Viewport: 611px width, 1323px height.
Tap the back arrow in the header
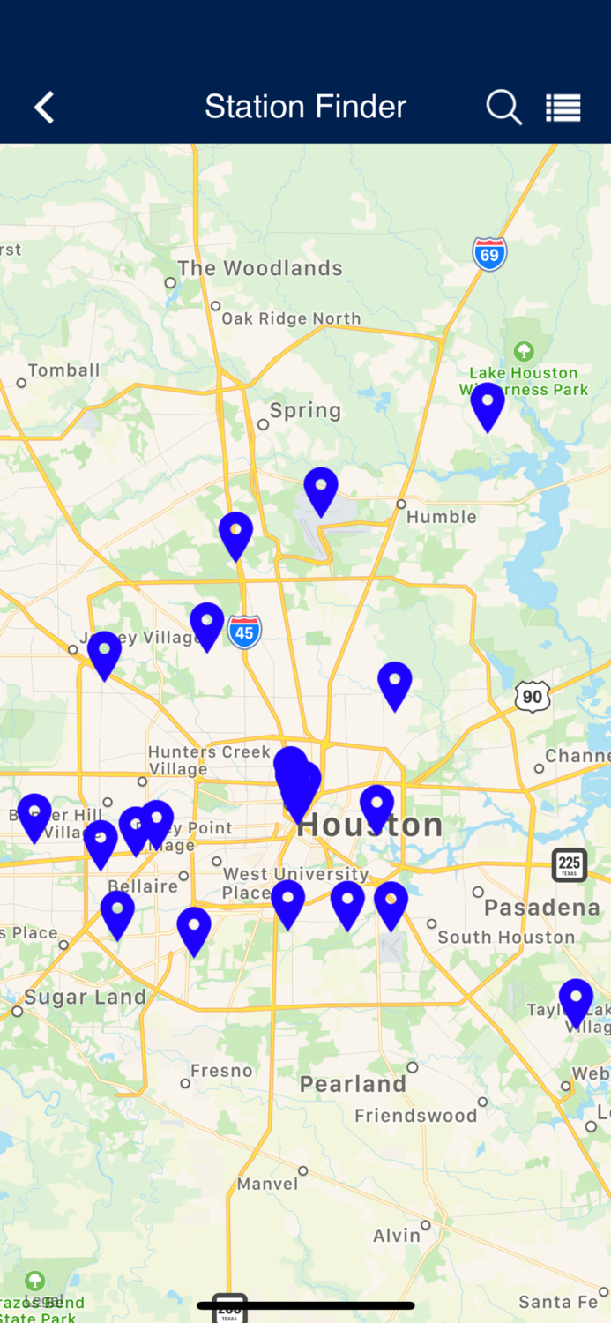[44, 108]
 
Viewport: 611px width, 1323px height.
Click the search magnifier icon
[504, 108]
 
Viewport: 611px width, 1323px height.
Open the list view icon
[563, 108]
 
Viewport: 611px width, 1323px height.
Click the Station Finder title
[305, 108]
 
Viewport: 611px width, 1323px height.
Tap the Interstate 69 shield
[489, 254]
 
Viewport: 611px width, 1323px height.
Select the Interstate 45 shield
[244, 632]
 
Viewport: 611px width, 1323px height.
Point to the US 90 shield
[533, 697]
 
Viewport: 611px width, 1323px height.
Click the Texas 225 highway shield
[570, 864]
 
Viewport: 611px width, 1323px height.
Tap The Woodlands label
[259, 269]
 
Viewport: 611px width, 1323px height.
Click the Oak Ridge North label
[291, 318]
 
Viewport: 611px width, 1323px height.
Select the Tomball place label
[63, 370]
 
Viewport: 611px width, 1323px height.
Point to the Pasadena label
[541, 908]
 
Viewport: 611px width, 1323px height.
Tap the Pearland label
[353, 1084]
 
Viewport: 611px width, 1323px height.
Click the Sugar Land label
[85, 998]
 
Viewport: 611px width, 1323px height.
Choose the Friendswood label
[415, 1116]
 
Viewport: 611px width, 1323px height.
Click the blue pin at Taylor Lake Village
[576, 1002]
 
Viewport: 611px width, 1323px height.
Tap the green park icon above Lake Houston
[524, 352]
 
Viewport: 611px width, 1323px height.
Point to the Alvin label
[397, 1236]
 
